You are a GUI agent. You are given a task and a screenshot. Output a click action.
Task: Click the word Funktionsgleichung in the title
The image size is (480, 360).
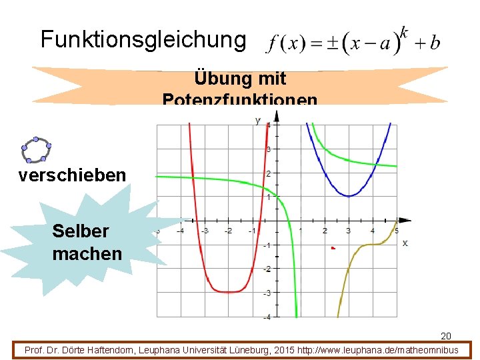pos(143,39)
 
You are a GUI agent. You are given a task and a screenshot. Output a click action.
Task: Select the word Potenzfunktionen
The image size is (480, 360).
pos(240,101)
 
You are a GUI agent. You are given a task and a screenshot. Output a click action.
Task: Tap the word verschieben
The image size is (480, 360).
pos(72,175)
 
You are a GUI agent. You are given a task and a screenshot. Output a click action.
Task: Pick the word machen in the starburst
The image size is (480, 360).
pos(87,253)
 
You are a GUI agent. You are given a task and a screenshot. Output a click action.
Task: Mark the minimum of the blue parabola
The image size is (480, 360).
pos(348,195)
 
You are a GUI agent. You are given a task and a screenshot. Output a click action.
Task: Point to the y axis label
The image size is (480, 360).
pos(258,120)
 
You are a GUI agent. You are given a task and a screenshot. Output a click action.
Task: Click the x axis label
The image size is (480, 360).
pos(405,243)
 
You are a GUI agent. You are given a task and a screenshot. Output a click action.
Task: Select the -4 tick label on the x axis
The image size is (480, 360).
pos(179,231)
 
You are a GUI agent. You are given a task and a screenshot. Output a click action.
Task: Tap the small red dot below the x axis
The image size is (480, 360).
pos(333,248)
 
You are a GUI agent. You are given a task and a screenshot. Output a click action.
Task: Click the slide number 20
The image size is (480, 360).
pos(446,335)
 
